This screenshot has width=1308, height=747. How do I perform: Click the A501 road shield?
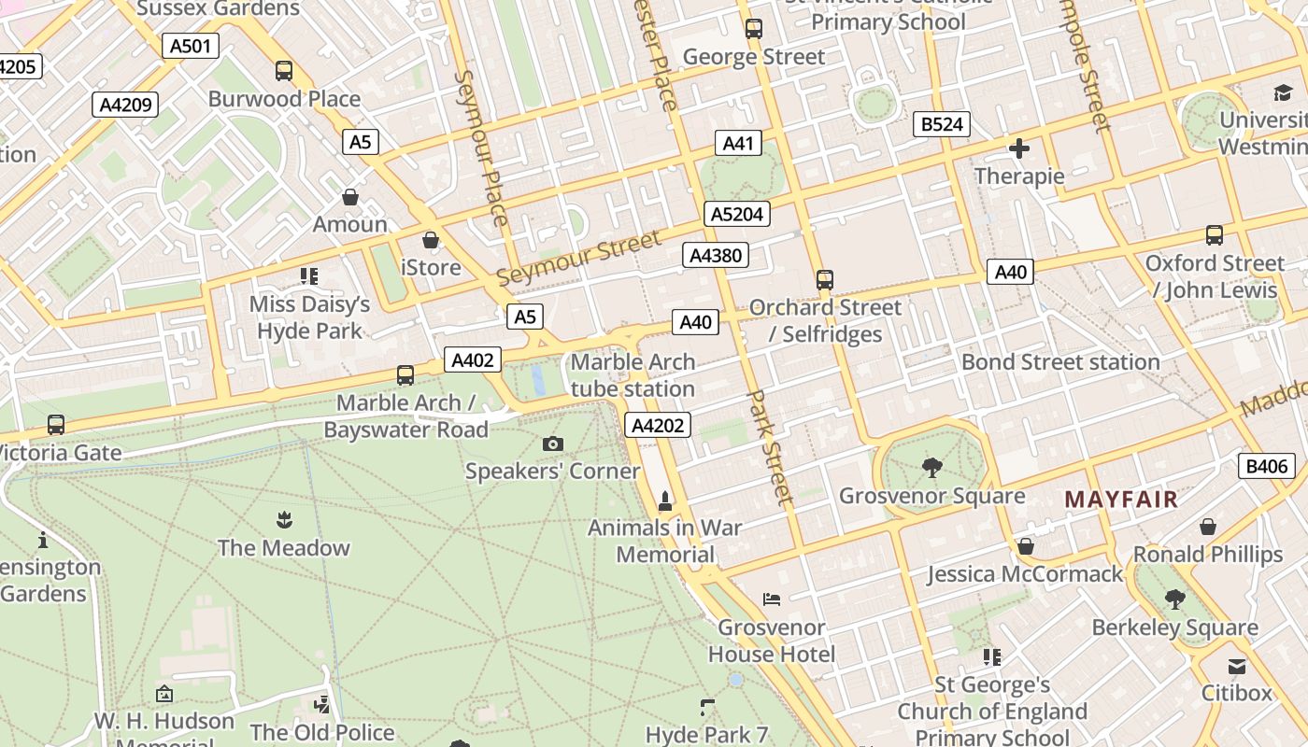(190, 46)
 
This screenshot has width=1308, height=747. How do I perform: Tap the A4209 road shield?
(125, 105)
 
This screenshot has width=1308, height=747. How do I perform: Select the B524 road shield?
(941, 124)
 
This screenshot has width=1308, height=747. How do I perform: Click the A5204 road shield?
(737, 214)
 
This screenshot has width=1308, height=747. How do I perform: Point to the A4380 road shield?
(716, 255)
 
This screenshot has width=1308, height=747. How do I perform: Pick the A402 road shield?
(472, 359)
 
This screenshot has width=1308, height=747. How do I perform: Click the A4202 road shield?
(658, 426)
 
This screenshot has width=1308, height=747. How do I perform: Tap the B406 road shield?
(1267, 466)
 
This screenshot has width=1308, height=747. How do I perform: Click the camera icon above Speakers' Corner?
(553, 444)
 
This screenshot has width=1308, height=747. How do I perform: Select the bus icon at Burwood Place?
(284, 71)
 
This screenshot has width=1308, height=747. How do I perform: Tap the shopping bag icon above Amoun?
(350, 197)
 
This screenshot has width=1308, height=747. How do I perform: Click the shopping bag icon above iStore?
(431, 241)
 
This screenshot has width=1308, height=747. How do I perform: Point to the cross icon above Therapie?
(1019, 148)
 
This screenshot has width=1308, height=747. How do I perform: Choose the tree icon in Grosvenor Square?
(931, 468)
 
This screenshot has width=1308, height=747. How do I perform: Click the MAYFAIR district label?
(1121, 500)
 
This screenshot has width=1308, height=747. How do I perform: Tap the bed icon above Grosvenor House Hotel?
(772, 599)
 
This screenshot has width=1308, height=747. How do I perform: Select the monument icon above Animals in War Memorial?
(665, 501)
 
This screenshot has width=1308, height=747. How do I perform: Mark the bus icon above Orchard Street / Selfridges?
(824, 280)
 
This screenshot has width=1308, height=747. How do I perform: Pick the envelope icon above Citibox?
(1237, 667)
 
